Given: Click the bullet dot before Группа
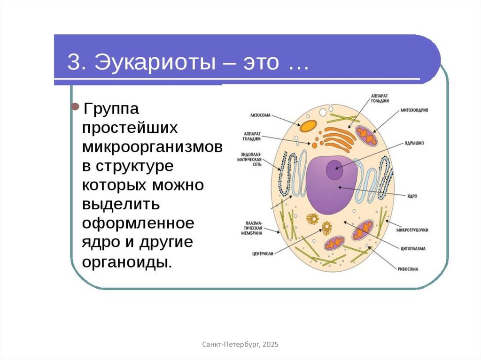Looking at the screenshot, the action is [x=75, y=107].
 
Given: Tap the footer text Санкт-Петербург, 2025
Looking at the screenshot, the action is [x=240, y=345].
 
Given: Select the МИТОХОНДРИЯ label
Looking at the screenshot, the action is [x=414, y=110].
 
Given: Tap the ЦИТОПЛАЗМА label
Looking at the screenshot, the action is [x=413, y=248].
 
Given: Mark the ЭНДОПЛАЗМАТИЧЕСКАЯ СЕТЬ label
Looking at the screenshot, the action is [x=250, y=159].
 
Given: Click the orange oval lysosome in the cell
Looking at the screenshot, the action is [x=309, y=125].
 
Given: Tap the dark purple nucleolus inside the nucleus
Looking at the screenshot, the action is [x=335, y=169].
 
